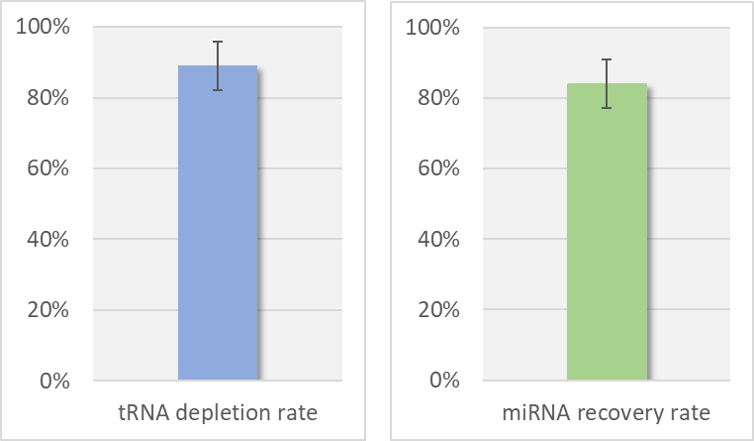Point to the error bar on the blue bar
click(x=218, y=66)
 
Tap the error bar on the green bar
click(x=607, y=83)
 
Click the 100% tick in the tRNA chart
click(x=44, y=27)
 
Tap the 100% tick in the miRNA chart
click(x=432, y=27)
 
